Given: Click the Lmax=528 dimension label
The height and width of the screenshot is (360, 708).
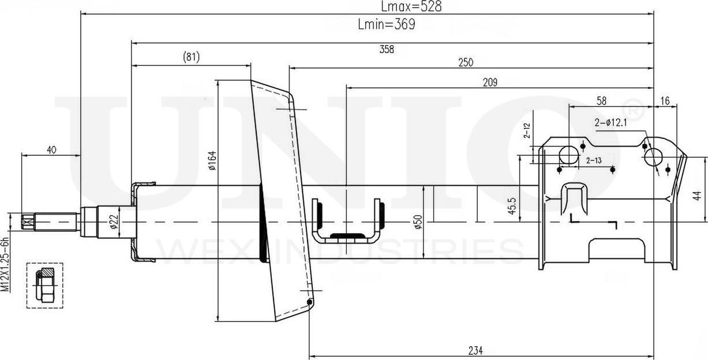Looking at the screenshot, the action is (x=411, y=6).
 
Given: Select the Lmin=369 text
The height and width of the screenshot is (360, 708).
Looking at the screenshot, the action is (x=387, y=24).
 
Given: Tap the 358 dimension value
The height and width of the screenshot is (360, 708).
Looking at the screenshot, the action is (x=387, y=49).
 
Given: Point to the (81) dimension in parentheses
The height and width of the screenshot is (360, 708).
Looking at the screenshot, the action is (x=191, y=57).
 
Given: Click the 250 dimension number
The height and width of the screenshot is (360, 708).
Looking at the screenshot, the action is (x=466, y=62).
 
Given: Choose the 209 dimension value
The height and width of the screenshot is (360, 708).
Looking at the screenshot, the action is (x=490, y=82).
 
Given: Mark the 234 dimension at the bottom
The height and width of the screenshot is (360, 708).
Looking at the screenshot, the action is (x=475, y=351).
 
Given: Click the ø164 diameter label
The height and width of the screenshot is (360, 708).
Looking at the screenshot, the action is (x=213, y=160).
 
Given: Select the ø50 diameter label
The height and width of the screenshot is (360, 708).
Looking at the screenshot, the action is (x=418, y=222).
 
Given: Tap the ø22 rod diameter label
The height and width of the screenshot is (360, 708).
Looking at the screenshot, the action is (x=114, y=222).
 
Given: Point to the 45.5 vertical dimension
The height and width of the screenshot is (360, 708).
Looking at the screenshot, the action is (x=512, y=206).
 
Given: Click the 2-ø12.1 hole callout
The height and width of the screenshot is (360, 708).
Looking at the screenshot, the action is (x=610, y=122).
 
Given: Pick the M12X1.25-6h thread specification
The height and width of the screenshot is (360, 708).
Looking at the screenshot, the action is (x=5, y=264).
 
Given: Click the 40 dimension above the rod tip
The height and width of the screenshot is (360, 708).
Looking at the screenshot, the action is (x=51, y=149).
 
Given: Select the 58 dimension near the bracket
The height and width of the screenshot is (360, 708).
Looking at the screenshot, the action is (x=601, y=101).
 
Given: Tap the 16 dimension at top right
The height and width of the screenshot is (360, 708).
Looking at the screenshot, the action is (x=665, y=101).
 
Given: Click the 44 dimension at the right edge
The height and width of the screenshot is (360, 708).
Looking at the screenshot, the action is (x=698, y=196).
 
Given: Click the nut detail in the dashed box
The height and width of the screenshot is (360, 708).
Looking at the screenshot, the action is (x=44, y=285).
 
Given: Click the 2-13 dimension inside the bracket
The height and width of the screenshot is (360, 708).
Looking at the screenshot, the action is (x=594, y=160).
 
